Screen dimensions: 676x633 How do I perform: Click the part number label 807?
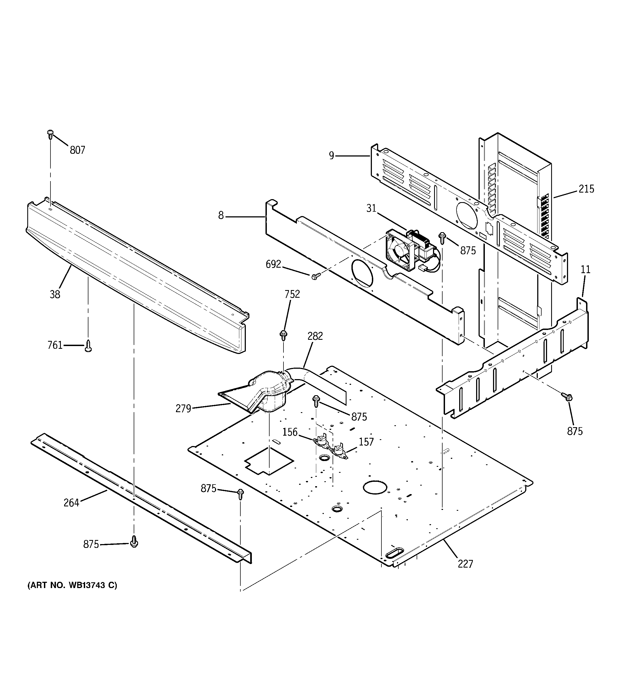(x=77, y=150)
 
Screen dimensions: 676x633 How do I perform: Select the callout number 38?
(x=55, y=294)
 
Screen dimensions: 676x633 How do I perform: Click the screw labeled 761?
(x=88, y=346)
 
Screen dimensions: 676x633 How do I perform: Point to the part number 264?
(x=71, y=503)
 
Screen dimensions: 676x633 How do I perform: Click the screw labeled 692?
(x=314, y=276)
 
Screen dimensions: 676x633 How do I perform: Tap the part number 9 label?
(x=332, y=156)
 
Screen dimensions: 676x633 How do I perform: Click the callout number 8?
(x=221, y=216)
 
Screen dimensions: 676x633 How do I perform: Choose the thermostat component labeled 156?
(x=321, y=441)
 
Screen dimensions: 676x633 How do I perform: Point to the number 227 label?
(x=465, y=564)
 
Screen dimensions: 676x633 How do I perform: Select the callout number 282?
(x=315, y=336)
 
